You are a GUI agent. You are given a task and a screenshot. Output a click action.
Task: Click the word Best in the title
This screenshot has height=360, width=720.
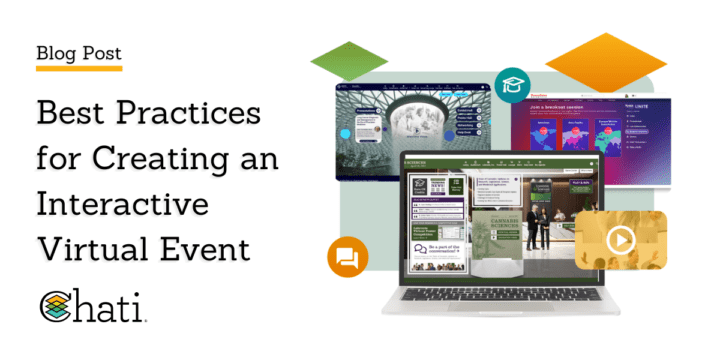coord(75,114)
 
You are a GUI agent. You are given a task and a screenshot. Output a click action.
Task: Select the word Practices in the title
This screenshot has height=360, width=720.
coord(198,114)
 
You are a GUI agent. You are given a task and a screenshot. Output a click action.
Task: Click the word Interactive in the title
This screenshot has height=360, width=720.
coord(122,204)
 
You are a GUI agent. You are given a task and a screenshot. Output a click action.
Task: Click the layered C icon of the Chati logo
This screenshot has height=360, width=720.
coord(57,309)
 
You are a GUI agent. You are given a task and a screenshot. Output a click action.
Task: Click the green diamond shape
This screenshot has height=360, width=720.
coord(349,62)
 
